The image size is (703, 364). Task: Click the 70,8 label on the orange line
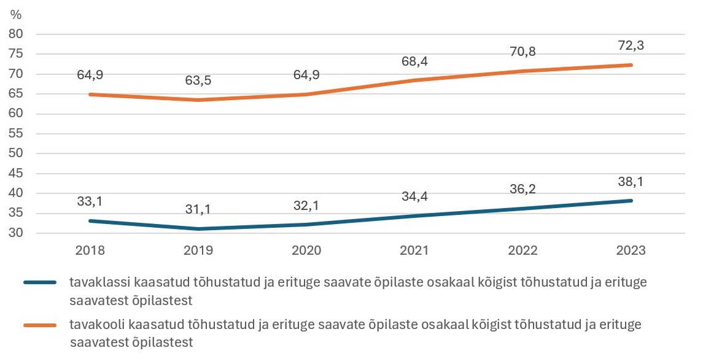(x=522, y=52)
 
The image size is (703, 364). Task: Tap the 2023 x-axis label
(x=631, y=250)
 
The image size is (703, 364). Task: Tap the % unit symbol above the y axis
(x=16, y=14)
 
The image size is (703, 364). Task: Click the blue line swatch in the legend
(x=41, y=282)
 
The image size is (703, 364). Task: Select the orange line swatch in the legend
(x=41, y=325)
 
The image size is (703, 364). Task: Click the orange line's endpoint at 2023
(x=631, y=65)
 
